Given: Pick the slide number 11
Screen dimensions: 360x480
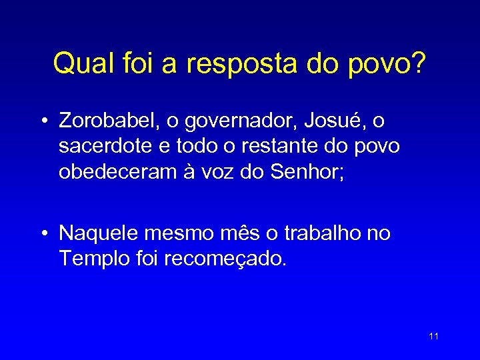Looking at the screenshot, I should pos(433,336).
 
